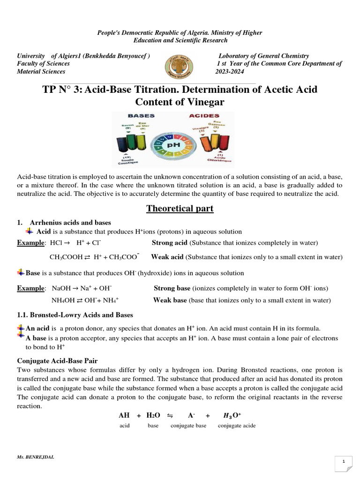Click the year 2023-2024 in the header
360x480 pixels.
(x=230, y=72)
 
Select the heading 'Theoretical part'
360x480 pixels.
(x=180, y=209)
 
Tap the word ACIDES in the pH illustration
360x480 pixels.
(x=204, y=115)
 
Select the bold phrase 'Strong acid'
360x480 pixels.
(x=169, y=243)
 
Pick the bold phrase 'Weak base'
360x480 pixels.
(x=170, y=300)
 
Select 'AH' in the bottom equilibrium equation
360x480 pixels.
(x=124, y=415)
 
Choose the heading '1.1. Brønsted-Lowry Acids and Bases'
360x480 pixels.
(x=75, y=315)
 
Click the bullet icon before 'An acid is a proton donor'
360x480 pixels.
(x=21, y=328)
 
